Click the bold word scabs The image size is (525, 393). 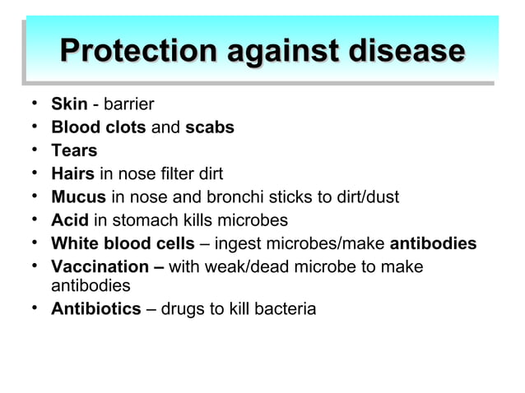point(210,127)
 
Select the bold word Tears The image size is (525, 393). point(74,150)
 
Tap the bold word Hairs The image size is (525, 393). point(72,173)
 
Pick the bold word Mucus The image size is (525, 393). point(78,197)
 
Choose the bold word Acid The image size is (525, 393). point(69,220)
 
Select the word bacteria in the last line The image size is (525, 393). point(287,310)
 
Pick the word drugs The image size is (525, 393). point(182,310)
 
